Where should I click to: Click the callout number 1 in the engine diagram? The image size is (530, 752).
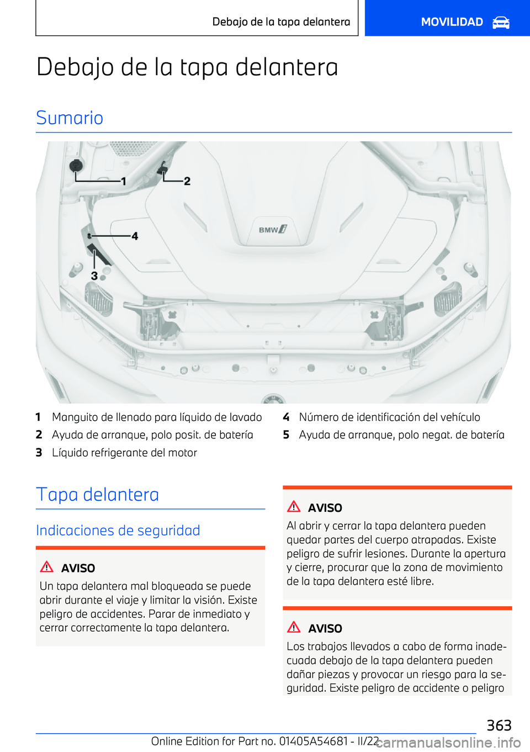tap(124, 181)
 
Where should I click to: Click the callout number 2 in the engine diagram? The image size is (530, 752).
tap(187, 181)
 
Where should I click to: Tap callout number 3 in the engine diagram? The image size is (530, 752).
tap(94, 276)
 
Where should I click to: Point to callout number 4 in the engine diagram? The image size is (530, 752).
tap(135, 236)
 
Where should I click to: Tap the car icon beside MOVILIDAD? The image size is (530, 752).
tap(501, 22)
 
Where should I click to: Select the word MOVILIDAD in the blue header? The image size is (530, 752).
tap(452, 22)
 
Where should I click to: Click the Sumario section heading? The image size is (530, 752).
tap(70, 118)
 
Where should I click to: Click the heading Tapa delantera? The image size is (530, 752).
tap(98, 494)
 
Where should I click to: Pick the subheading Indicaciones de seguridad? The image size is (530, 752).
tap(118, 531)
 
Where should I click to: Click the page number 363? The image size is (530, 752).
tap(499, 725)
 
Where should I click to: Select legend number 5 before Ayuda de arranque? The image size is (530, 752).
tap(286, 435)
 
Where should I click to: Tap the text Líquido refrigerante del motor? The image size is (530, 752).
tap(124, 453)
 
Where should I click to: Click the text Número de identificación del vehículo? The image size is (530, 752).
tap(389, 417)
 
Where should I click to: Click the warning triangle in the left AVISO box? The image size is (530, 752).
tap(47, 567)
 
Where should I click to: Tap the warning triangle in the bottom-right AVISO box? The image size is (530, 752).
tap(294, 627)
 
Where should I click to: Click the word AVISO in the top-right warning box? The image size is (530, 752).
tap(325, 508)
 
